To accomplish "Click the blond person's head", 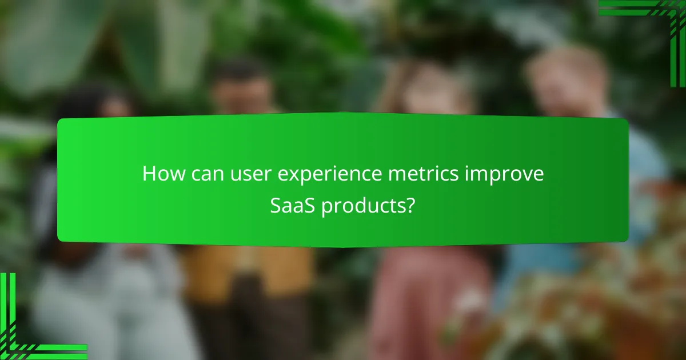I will (566, 80).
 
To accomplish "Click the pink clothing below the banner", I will (423, 286).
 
